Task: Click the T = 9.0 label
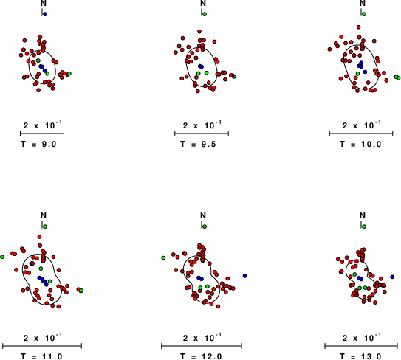pyautogui.click(x=38, y=144)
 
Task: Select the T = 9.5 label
pyautogui.click(x=198, y=144)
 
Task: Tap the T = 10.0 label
pyautogui.click(x=360, y=144)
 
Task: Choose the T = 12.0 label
pyautogui.click(x=201, y=356)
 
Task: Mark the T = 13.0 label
pyautogui.click(x=360, y=356)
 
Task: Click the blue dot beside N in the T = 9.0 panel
pyautogui.click(x=45, y=14)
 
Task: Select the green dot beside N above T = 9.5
pyautogui.click(x=205, y=14)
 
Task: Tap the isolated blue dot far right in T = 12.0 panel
pyautogui.click(x=244, y=276)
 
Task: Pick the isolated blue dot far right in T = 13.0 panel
pyautogui.click(x=392, y=277)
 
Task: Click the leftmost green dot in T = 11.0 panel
pyautogui.click(x=2, y=257)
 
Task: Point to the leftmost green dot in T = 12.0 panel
pyautogui.click(x=163, y=257)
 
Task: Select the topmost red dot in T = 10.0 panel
pyautogui.click(x=359, y=27)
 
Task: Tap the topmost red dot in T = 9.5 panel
pyautogui.click(x=199, y=32)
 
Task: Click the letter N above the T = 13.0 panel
pyautogui.click(x=363, y=216)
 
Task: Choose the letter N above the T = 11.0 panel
pyautogui.click(x=44, y=216)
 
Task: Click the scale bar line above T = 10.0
pyautogui.click(x=361, y=134)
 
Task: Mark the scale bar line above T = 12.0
pyautogui.click(x=202, y=346)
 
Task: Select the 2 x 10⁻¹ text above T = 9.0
pyautogui.click(x=43, y=125)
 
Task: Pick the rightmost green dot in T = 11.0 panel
pyautogui.click(x=81, y=291)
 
